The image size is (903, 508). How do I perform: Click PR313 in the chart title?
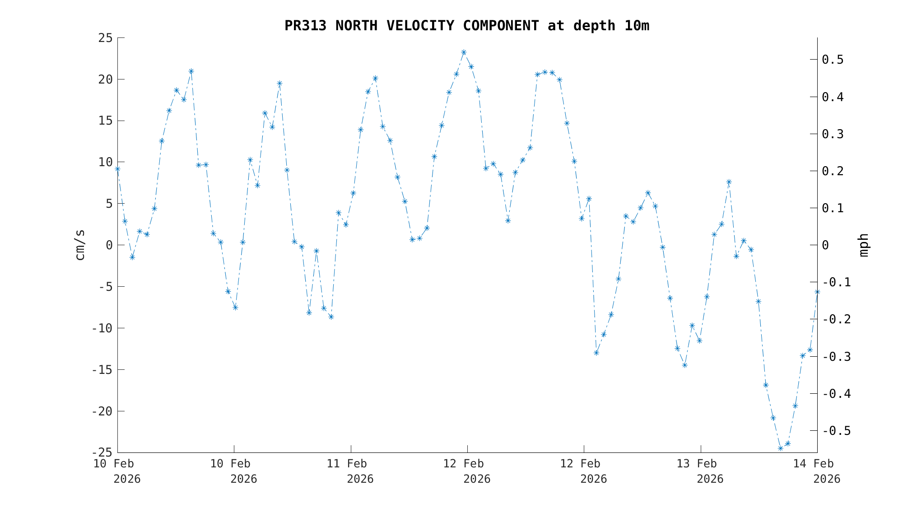point(305,26)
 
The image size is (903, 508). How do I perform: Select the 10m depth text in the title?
point(636,26)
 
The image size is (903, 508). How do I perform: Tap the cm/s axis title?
point(80,245)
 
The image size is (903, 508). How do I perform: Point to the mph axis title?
point(863,245)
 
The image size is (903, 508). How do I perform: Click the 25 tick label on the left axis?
point(105,38)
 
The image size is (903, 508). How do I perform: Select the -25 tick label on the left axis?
point(102,452)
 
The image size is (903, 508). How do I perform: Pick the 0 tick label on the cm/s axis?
point(109,245)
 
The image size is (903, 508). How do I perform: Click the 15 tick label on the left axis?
point(105,121)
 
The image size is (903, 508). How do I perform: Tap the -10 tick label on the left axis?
point(102,328)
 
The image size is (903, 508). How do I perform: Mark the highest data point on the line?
point(464,52)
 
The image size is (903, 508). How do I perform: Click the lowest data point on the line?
point(780,448)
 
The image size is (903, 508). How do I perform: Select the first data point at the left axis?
point(118,169)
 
